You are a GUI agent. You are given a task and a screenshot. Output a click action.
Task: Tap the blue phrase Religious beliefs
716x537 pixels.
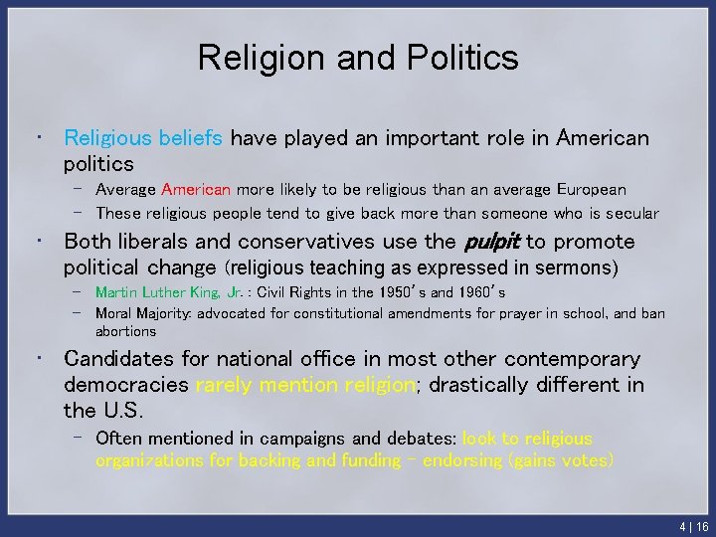click(143, 138)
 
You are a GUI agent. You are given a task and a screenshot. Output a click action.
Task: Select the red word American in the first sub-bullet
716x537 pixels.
click(196, 189)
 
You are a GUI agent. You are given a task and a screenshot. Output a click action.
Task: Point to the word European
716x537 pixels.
click(591, 189)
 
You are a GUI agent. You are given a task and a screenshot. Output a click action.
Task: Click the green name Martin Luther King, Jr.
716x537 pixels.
click(169, 292)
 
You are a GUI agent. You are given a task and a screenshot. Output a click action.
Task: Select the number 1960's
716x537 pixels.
click(478, 292)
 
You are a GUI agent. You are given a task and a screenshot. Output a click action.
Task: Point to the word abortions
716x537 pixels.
click(125, 331)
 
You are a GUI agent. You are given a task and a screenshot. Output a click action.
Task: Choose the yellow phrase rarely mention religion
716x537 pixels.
click(305, 385)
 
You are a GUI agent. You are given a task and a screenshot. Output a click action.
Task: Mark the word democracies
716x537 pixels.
click(125, 385)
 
